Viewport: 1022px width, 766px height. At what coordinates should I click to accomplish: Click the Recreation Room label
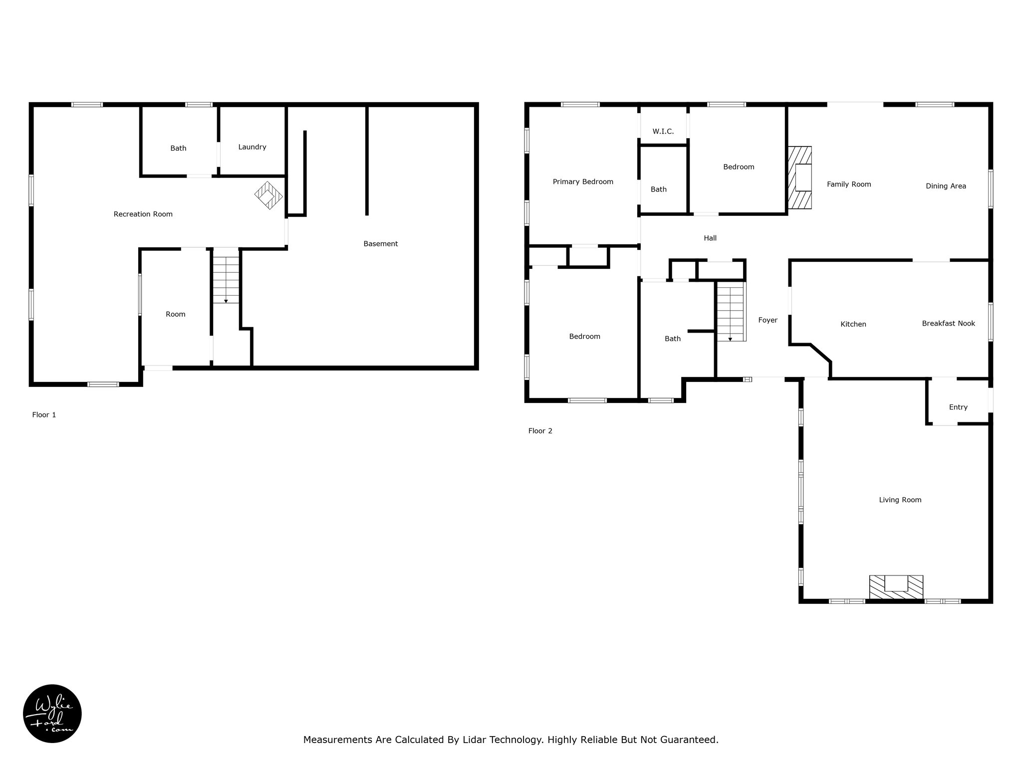click(x=143, y=214)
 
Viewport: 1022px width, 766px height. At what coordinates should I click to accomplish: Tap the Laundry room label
click(x=252, y=147)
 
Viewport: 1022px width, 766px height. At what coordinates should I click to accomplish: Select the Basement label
click(x=380, y=244)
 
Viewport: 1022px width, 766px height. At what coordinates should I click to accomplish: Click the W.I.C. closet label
click(x=663, y=131)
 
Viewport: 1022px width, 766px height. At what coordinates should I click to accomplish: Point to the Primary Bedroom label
click(x=583, y=182)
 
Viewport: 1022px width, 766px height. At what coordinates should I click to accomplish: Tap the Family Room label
click(x=849, y=185)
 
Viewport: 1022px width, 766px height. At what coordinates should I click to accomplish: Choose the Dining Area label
click(x=946, y=186)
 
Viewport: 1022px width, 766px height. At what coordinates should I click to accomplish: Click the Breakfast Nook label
click(x=948, y=323)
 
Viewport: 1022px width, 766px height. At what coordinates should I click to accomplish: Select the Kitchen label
click(x=853, y=324)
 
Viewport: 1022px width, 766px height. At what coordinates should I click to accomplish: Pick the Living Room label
click(x=900, y=500)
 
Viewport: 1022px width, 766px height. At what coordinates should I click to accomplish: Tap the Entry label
click(x=958, y=407)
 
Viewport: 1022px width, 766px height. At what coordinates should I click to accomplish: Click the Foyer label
click(x=767, y=320)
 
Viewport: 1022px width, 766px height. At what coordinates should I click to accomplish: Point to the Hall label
click(x=710, y=238)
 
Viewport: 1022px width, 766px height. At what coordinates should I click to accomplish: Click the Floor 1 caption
click(x=44, y=415)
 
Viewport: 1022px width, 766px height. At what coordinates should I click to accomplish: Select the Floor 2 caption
click(x=540, y=431)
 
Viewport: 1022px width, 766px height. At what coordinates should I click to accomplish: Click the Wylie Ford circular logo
click(x=52, y=714)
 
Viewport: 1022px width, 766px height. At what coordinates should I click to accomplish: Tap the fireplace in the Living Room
click(x=896, y=587)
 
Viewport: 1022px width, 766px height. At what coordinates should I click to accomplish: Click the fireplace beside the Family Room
click(x=799, y=178)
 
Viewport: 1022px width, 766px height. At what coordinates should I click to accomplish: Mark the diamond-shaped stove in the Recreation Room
click(x=268, y=195)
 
